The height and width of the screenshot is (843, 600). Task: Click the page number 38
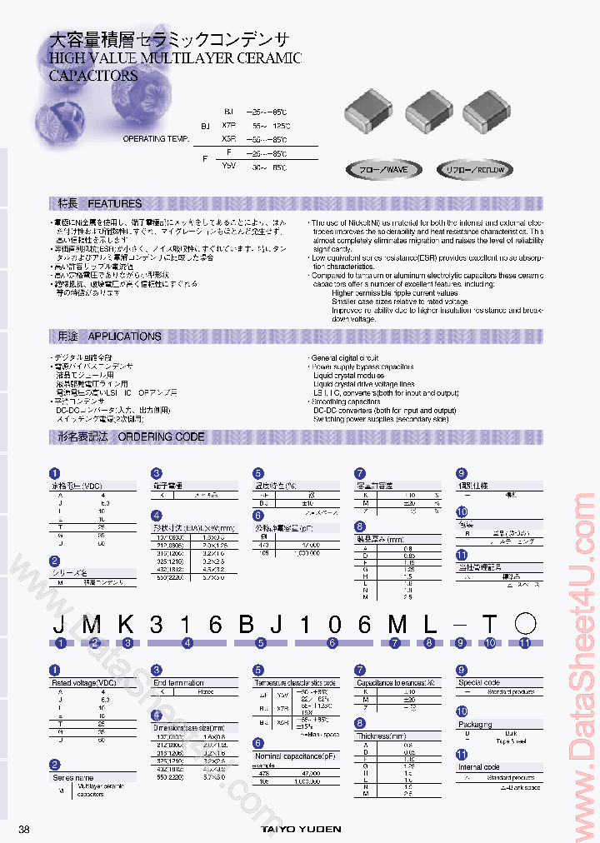click(23, 830)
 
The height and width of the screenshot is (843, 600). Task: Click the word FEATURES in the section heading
click(115, 203)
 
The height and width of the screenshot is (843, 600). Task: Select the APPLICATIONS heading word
click(124, 337)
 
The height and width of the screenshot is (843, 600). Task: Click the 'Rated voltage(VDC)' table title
click(84, 682)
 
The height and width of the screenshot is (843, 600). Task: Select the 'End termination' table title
click(178, 682)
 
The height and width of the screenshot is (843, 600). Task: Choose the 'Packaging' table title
click(475, 724)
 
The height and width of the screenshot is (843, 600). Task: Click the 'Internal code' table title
click(478, 766)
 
